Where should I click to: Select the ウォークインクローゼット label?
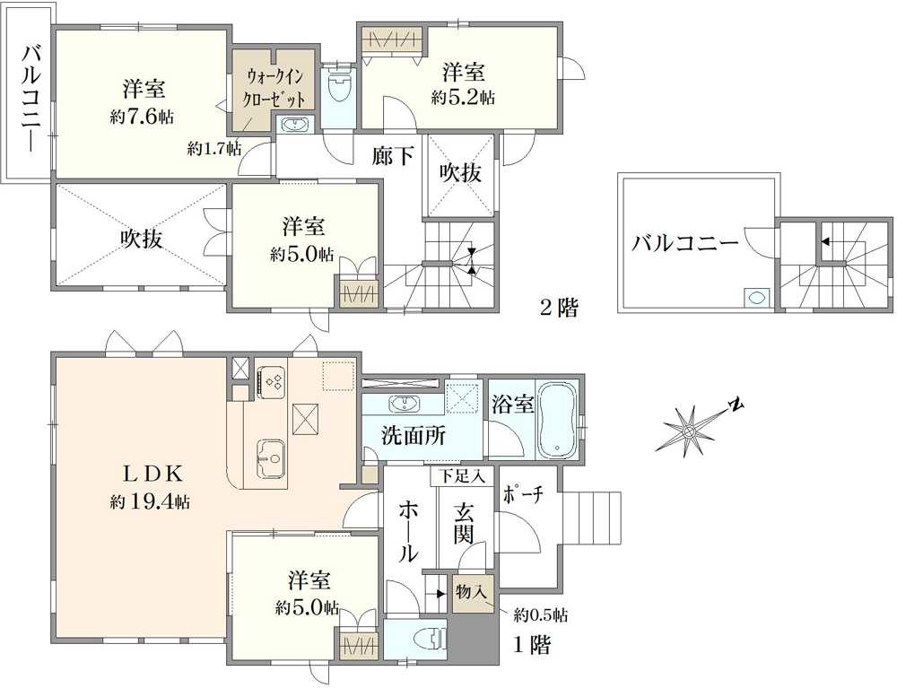pos(275,89)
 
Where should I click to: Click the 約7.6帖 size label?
pos(144,116)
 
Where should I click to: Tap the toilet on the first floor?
pos(428,640)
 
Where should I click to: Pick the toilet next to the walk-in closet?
pos(339,89)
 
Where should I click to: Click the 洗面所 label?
pos(413,437)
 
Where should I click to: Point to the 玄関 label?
pos(464,526)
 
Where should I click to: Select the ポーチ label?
pos(524,495)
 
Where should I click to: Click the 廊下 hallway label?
pos(393,157)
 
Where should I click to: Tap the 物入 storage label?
pos(470,593)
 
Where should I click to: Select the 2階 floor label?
pos(558,309)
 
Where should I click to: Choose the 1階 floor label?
pos(532,644)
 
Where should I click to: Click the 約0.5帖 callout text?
pos(540,615)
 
